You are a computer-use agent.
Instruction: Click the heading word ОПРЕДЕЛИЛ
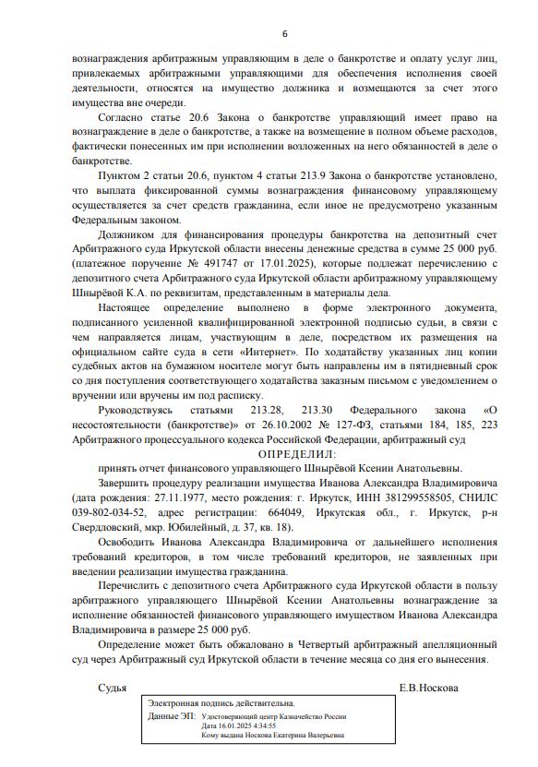[298, 455]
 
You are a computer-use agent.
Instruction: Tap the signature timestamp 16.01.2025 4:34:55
[246, 725]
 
